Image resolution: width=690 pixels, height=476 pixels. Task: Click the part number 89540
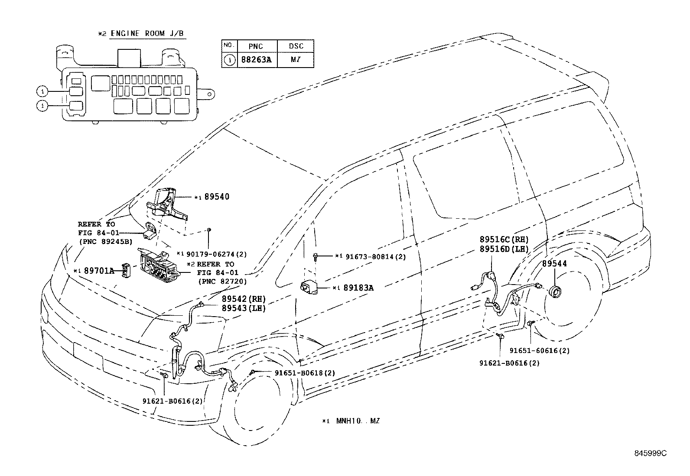217,197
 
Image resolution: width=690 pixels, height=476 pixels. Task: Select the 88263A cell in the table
256,60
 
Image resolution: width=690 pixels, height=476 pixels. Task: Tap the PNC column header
256,46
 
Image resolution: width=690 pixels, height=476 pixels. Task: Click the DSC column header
296,46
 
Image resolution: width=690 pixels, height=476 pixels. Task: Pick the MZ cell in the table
296,60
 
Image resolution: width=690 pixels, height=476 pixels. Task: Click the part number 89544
554,264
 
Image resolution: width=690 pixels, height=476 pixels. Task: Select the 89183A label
358,288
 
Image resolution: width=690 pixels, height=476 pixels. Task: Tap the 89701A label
99,271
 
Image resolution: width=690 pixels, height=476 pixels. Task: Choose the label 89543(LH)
244,308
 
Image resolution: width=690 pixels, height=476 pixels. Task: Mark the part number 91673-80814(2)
376,256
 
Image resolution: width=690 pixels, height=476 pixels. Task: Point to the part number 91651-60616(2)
540,351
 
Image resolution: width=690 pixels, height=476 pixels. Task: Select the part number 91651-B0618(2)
305,373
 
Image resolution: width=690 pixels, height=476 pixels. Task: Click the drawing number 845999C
651,453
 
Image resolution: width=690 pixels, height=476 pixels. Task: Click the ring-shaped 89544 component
555,291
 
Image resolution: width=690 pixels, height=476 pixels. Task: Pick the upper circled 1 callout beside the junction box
42,91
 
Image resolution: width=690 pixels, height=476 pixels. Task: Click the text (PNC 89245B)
106,242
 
